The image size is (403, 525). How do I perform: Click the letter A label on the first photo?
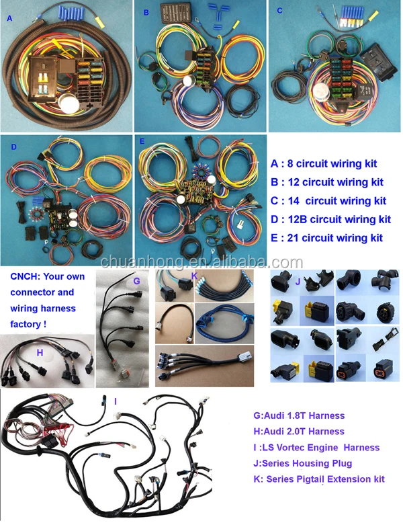[9, 19]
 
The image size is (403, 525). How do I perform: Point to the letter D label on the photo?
[14, 145]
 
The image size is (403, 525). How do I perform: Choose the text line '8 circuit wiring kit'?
[331, 163]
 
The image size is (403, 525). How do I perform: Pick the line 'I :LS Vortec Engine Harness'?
[315, 447]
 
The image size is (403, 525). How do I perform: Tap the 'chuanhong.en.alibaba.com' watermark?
[201, 261]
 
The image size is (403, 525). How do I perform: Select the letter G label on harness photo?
[136, 280]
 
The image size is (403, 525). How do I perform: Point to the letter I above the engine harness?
[116, 401]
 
